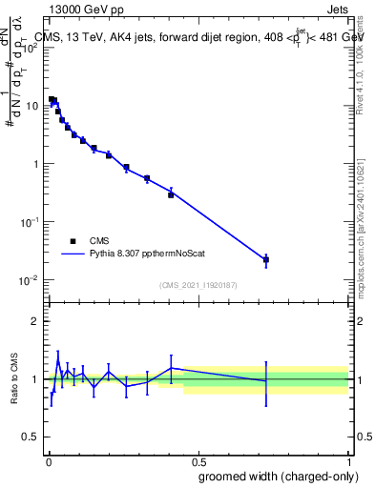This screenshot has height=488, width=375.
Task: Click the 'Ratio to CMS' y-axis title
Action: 15,378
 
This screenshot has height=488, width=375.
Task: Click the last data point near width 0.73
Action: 266,259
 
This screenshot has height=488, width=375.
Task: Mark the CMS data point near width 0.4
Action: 171,194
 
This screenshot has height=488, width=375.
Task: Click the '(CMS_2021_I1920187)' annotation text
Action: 198,284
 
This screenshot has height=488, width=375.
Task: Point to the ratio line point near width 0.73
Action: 266,380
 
